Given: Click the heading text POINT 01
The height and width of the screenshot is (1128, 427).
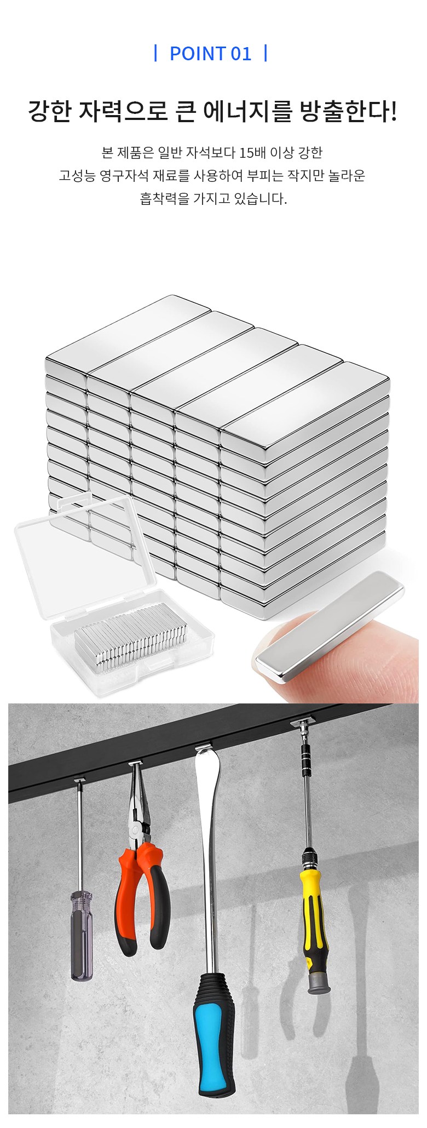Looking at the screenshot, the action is [x=211, y=54].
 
